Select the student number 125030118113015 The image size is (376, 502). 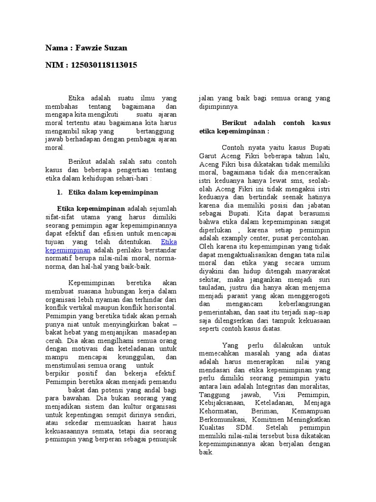tap(104, 65)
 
